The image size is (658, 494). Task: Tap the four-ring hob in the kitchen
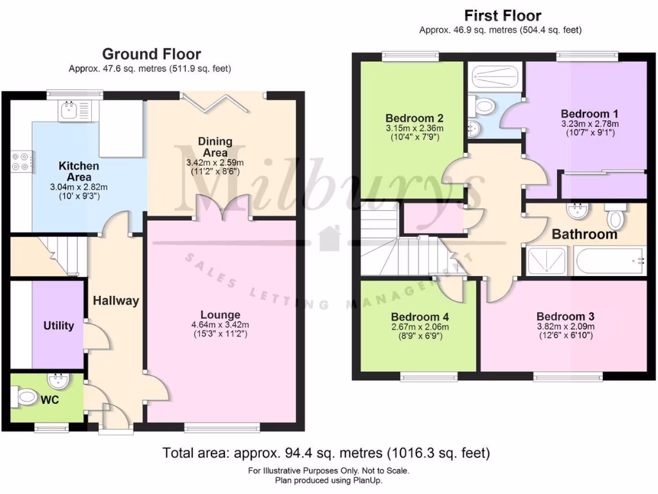click(21, 161)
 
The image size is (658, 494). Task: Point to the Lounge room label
click(220, 315)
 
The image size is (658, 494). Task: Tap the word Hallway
click(116, 300)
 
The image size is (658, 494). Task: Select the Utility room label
click(58, 325)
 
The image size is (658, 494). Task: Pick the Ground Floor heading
click(151, 55)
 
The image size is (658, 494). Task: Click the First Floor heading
click(502, 15)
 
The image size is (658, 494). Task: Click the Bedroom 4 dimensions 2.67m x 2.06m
click(420, 327)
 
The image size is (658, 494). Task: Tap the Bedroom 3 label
click(565, 316)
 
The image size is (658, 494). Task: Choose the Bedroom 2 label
click(414, 118)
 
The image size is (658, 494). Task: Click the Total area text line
click(326, 453)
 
